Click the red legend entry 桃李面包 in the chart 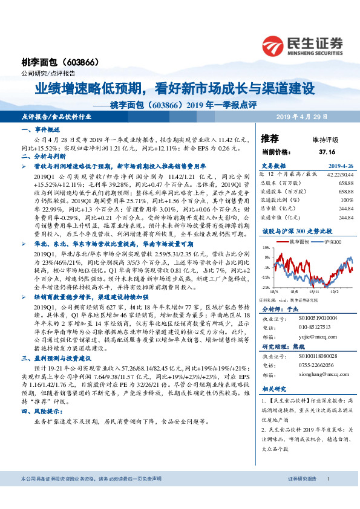(x=298, y=241)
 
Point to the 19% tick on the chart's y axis (x=265, y=248)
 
